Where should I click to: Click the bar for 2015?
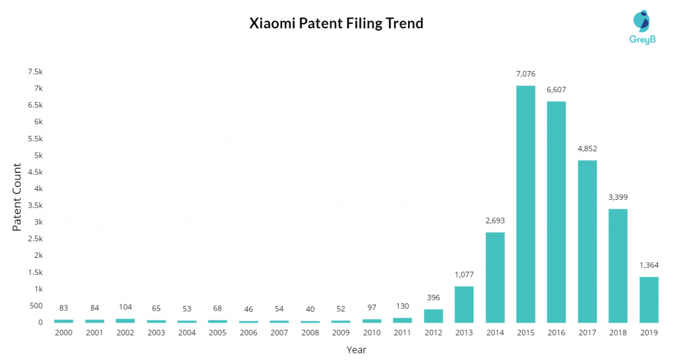pyautogui.click(x=525, y=204)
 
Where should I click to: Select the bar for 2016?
pyautogui.click(x=556, y=212)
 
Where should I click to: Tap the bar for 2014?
pyautogui.click(x=494, y=277)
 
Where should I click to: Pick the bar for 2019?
pyautogui.click(x=649, y=299)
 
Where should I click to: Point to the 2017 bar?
pyautogui.click(x=587, y=241)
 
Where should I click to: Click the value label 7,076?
pyautogui.click(x=525, y=75)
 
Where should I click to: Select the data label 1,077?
pyautogui.click(x=463, y=274)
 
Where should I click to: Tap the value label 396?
pyautogui.click(x=433, y=297)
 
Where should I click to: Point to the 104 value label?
pyautogui.click(x=125, y=307)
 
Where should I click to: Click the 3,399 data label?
pyautogui.click(x=618, y=197)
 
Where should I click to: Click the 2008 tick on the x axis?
pyautogui.click(x=310, y=333)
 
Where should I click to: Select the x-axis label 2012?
pyautogui.click(x=433, y=333)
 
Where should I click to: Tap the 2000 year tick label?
pyautogui.click(x=63, y=333)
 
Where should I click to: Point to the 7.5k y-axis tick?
pyautogui.click(x=34, y=71)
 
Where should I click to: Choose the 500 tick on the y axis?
pyautogui.click(x=35, y=305)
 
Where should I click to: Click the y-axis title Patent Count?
pyautogui.click(x=18, y=198)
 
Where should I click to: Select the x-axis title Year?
pyautogui.click(x=356, y=349)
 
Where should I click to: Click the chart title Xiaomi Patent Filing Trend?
pyautogui.click(x=336, y=24)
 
